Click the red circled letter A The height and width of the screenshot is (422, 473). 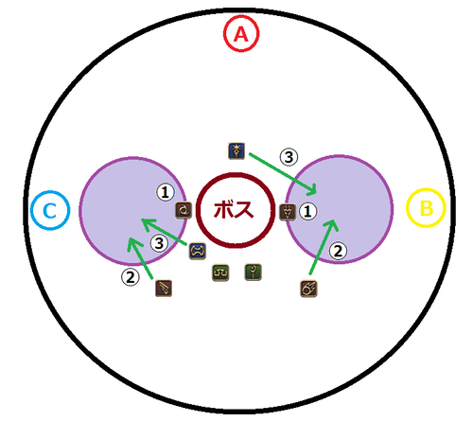241,34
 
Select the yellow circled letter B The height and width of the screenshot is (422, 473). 426,208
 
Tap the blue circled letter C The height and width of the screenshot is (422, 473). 50,210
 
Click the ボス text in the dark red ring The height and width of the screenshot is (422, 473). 234,210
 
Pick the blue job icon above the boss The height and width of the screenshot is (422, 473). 236,151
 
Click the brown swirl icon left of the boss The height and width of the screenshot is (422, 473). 184,210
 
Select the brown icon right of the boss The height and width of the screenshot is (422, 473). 288,212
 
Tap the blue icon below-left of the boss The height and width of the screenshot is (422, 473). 198,252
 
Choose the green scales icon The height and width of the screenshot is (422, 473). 220,273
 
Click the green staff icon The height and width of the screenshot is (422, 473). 254,272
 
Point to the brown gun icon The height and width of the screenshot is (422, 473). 164,289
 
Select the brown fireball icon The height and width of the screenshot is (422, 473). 308,289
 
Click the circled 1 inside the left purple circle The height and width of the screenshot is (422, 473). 166,192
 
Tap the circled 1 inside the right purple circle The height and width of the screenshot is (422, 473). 307,211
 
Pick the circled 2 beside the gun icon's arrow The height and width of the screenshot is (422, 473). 131,277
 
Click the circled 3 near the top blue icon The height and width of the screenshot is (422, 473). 289,157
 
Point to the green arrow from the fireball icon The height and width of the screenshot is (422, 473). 323,247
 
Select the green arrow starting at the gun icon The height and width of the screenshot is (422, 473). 141,258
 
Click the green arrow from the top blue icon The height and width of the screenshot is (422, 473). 283,173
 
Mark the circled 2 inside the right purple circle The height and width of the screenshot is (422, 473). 338,251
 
